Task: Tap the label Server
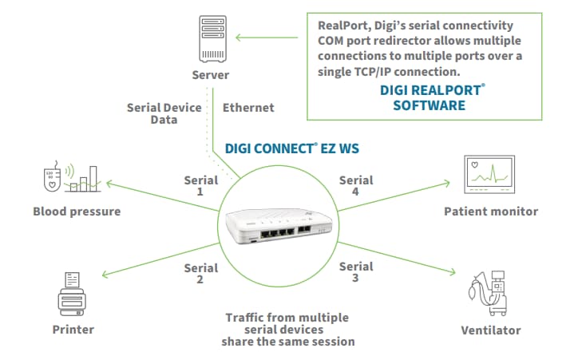210,76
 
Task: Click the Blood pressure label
77,212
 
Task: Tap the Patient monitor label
490,212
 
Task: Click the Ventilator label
490,330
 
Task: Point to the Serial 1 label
200,185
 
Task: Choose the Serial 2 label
200,274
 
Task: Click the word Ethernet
248,107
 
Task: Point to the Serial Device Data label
153,113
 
